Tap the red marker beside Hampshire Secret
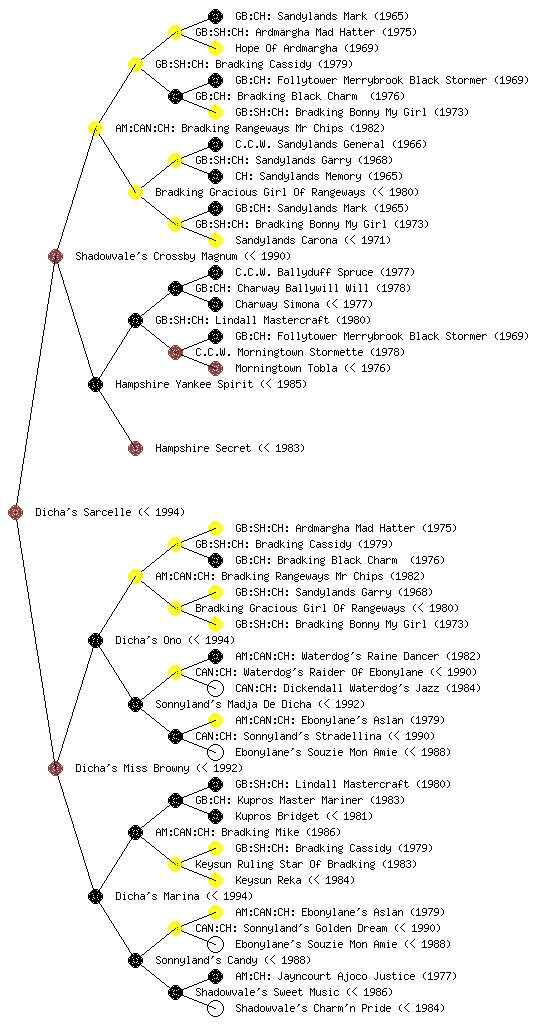pyautogui.click(x=135, y=448)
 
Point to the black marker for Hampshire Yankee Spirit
pyautogui.click(x=95, y=384)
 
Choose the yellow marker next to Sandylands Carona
pyautogui.click(x=215, y=240)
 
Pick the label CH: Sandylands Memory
pyautogui.click(x=298, y=176)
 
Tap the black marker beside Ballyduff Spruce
pyautogui.click(x=215, y=272)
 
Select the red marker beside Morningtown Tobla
pyautogui.click(x=215, y=368)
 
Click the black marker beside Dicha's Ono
pyautogui.click(x=95, y=640)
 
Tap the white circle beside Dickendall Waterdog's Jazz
pyautogui.click(x=215, y=688)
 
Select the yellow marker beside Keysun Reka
pyautogui.click(x=215, y=880)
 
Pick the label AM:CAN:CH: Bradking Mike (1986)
pyautogui.click(x=248, y=832)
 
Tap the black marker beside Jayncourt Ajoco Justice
pyautogui.click(x=215, y=976)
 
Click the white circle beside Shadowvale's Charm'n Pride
pyautogui.click(x=215, y=1008)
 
